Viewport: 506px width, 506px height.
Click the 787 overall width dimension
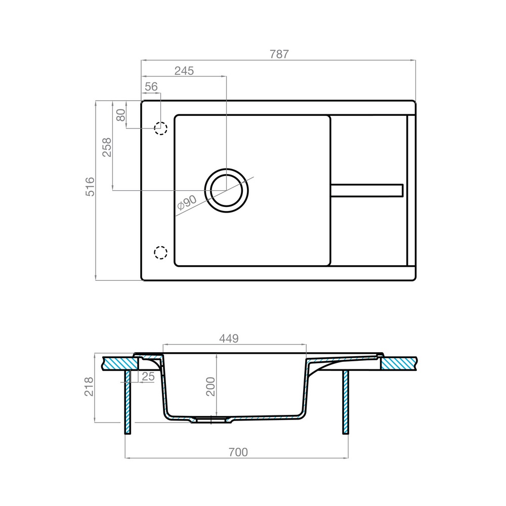278,54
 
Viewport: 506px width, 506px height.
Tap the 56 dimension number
151,87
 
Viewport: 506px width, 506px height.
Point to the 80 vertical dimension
120,114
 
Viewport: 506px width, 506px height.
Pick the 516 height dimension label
90,187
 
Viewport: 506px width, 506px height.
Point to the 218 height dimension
90,387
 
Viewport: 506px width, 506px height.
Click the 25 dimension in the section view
148,376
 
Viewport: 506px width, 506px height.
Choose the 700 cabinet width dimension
237,452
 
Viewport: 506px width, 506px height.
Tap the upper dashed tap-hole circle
161,129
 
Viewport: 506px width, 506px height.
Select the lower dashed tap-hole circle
160,252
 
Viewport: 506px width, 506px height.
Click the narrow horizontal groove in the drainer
367,190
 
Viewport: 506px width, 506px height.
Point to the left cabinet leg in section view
128,402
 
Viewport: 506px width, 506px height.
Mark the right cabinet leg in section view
346,402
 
